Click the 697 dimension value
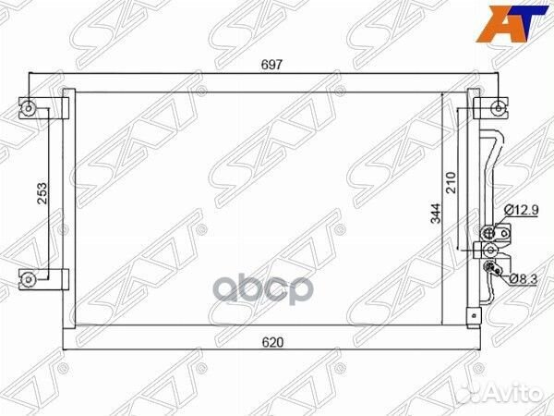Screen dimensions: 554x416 click(271, 65)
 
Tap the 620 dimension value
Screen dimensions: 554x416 click(272, 342)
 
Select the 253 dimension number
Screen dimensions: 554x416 click(42, 193)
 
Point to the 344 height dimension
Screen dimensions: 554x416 click(436, 214)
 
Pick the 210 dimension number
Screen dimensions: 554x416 click(451, 182)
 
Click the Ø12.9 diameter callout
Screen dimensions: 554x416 click(521, 210)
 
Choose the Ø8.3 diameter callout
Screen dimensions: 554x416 click(524, 279)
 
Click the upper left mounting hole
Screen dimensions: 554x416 click(29, 108)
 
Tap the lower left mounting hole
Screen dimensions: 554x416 click(29, 279)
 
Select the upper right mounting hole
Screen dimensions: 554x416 click(499, 108)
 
